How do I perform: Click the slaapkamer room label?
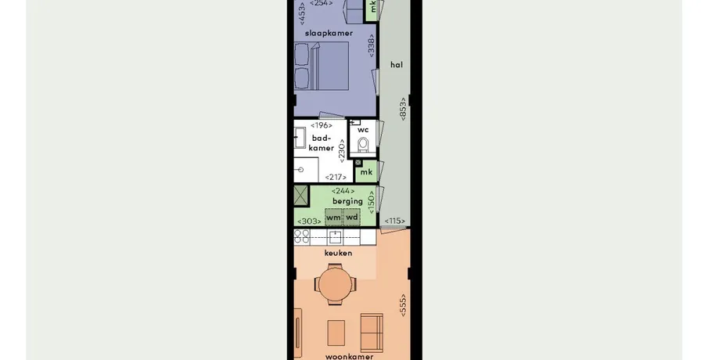[x=329, y=34]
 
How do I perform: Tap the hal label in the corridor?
[x=397, y=65]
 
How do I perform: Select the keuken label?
[x=338, y=253]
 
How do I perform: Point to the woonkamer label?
[x=350, y=356]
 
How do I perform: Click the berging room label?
[x=347, y=201]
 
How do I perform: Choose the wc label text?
[x=363, y=130]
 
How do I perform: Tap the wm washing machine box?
[x=334, y=218]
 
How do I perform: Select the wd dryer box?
[x=352, y=218]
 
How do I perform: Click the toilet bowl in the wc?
[x=364, y=146]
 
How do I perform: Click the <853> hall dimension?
[x=403, y=109]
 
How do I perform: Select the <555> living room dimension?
[x=403, y=305]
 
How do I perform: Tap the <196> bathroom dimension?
[x=322, y=125]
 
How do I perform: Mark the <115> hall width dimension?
[x=395, y=221]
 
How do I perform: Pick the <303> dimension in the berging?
[x=309, y=221]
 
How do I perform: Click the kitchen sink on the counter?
[x=336, y=236]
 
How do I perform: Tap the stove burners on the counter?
[x=302, y=236]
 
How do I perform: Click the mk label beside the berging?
[x=366, y=172]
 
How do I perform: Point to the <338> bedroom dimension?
[x=372, y=45]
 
